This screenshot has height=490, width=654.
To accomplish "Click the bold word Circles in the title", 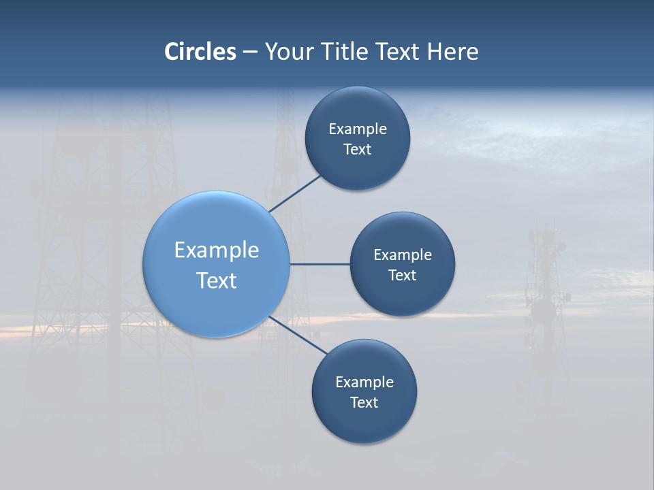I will click(x=200, y=52).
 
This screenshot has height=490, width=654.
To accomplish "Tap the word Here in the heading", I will click(x=452, y=52).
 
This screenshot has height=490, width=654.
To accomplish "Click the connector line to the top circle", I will click(x=296, y=193).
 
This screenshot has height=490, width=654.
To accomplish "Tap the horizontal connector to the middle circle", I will click(x=320, y=264).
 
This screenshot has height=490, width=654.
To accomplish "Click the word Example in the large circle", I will click(x=217, y=250).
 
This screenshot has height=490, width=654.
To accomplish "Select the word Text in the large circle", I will click(x=217, y=280).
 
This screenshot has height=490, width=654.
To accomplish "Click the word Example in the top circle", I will click(x=358, y=129).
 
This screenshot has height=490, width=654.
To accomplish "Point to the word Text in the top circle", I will click(x=358, y=150).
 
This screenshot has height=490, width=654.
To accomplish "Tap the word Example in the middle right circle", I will click(x=403, y=255).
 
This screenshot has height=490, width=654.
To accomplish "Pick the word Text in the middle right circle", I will click(x=403, y=276).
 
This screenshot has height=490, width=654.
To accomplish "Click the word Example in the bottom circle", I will click(x=364, y=382).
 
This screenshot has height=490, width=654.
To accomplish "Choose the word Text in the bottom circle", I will click(x=364, y=403).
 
